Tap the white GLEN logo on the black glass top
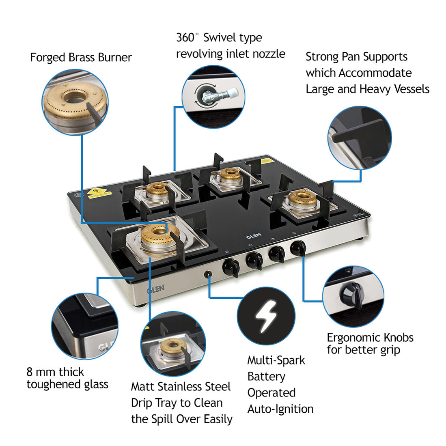click(254, 235)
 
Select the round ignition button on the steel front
click(209, 275)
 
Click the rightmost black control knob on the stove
click(298, 247)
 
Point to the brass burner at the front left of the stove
click(155, 237)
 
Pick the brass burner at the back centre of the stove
click(229, 175)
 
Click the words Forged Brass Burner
click(81, 58)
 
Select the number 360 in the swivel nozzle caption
click(185, 38)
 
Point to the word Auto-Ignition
click(280, 409)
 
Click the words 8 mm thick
click(55, 372)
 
